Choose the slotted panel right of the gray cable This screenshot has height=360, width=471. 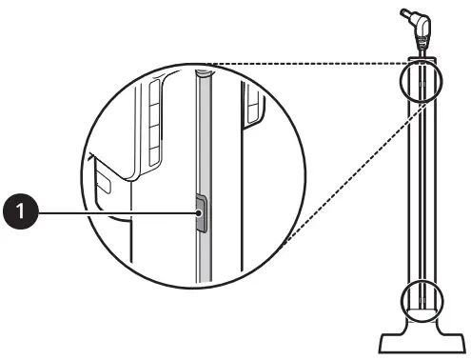click(x=251, y=105)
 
